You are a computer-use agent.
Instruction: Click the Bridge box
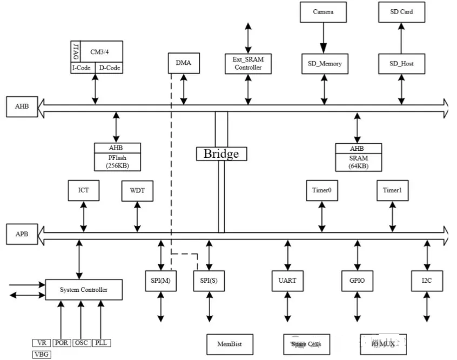coord(221,154)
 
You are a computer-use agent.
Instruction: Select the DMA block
coord(184,63)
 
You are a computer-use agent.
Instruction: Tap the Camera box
coord(323,11)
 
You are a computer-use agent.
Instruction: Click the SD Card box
coord(401,11)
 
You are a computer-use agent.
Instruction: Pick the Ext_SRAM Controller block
coord(248,63)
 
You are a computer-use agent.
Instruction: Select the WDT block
coord(137,190)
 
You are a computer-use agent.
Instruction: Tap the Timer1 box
coord(392,190)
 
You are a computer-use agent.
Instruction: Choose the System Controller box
coord(83,290)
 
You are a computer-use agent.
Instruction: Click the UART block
coord(287,281)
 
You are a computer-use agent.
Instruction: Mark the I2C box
coord(427,281)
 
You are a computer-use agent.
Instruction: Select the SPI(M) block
coord(161,281)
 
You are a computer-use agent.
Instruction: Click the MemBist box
coord(228,344)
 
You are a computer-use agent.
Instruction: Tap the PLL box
coord(100,343)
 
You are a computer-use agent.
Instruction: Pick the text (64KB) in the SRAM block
coord(358,166)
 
